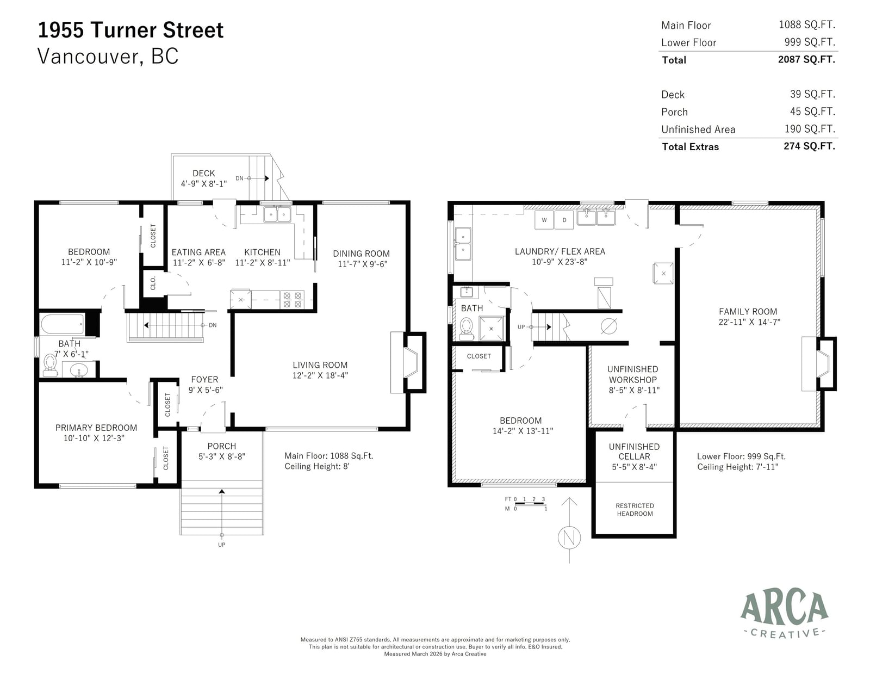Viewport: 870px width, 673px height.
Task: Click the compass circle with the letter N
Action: point(569,537)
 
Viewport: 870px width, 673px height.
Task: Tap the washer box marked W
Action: point(544,220)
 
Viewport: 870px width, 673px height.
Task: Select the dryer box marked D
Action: point(564,220)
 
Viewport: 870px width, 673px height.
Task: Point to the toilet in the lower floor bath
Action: point(466,329)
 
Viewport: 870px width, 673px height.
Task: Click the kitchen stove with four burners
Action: point(293,300)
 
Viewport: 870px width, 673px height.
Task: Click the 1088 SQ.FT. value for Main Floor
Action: point(807,25)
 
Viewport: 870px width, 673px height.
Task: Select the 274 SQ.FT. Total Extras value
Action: point(809,146)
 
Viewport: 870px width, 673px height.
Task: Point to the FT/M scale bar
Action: point(526,504)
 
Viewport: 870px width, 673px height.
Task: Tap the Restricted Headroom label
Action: point(635,510)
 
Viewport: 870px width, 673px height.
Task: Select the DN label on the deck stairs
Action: point(239,178)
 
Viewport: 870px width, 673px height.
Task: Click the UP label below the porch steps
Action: point(222,545)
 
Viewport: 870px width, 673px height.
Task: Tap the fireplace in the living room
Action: point(408,362)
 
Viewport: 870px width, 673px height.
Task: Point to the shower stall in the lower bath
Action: point(491,329)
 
